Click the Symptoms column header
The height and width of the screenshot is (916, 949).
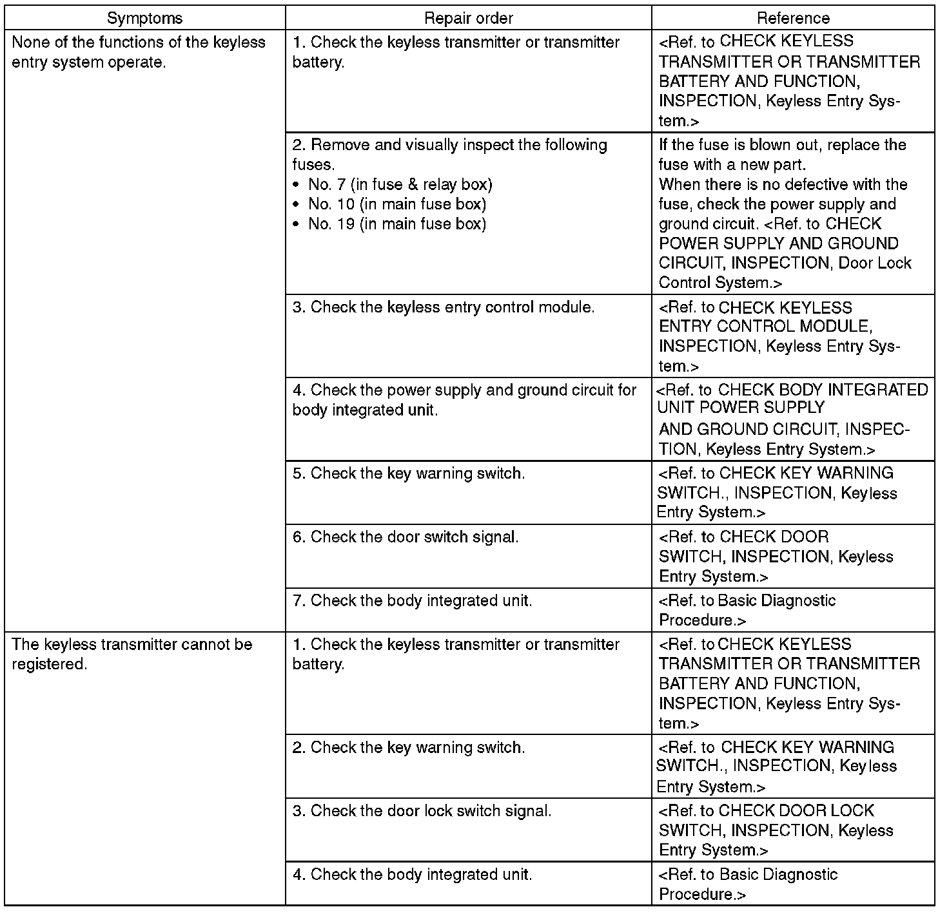point(144,18)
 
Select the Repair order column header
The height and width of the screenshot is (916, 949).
point(468,18)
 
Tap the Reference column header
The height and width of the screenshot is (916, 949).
point(793,18)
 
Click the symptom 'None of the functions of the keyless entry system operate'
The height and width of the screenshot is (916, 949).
point(139,53)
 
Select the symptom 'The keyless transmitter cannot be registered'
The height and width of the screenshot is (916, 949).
point(132,654)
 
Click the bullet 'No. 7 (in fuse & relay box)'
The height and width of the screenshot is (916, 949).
point(400,185)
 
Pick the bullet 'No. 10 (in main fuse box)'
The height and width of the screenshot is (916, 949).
point(396,204)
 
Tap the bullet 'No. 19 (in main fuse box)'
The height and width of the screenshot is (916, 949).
point(396,224)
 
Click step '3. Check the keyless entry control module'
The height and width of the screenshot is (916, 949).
point(444,307)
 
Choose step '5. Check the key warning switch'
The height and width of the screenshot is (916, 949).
point(409,473)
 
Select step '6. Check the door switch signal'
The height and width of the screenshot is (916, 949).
point(406,537)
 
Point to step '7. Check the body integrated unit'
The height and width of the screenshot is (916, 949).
point(413,601)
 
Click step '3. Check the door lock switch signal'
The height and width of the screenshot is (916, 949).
point(422,811)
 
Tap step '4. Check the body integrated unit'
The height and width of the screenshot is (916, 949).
point(413,875)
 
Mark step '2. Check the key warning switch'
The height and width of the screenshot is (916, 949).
point(409,748)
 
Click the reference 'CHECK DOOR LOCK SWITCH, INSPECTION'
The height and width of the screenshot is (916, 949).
point(776,830)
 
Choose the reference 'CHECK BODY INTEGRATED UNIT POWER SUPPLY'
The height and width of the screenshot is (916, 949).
point(792,419)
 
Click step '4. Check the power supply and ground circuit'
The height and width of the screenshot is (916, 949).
point(464,400)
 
